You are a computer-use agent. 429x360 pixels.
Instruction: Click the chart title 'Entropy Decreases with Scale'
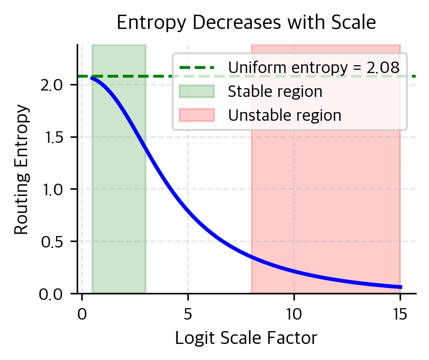(247, 22)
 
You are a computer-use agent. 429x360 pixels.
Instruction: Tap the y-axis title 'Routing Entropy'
(21, 171)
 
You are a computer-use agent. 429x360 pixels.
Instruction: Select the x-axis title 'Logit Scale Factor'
(246, 338)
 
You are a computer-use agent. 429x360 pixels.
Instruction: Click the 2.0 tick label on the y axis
(52, 85)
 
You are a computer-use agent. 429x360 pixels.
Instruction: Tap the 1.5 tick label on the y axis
(52, 137)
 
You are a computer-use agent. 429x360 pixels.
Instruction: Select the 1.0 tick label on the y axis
(52, 189)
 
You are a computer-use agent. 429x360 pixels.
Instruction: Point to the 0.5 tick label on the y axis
(52, 242)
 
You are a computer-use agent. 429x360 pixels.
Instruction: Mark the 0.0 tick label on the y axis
(52, 293)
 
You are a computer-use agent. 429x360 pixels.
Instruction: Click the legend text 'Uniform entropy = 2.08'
(314, 67)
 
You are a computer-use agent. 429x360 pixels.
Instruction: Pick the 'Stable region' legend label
(275, 91)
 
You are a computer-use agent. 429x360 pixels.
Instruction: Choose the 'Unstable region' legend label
(285, 115)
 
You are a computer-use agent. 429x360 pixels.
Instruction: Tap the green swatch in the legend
(197, 91)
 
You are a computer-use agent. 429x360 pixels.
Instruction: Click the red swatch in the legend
(197, 115)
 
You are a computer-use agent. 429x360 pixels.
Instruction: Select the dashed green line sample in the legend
(197, 68)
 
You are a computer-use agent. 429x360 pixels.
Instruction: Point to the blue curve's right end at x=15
(401, 287)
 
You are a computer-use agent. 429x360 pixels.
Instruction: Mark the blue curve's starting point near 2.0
(92, 79)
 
